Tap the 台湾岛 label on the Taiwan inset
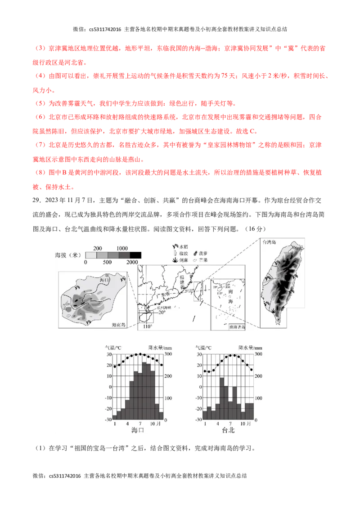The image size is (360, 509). pyautogui.click(x=269, y=242)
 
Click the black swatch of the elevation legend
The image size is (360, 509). pyautogui.click(x=135, y=255)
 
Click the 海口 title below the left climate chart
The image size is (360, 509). pyautogui.click(x=138, y=430)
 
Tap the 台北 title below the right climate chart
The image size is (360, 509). pyautogui.click(x=229, y=430)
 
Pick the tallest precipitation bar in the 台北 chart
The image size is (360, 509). pyautogui.click(x=221, y=398)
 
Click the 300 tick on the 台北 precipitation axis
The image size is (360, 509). pyautogui.click(x=258, y=354)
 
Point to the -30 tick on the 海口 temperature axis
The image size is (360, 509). pyautogui.click(x=108, y=420)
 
